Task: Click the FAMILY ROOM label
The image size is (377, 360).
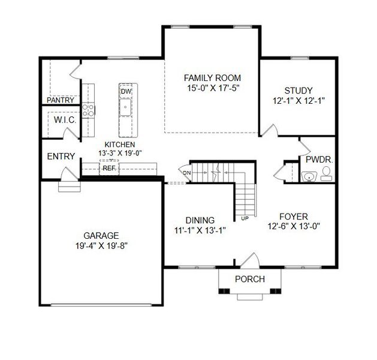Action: point(212,78)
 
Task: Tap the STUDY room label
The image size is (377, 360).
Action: point(298,91)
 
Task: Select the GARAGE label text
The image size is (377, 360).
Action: point(101,235)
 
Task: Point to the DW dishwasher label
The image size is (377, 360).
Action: point(126,91)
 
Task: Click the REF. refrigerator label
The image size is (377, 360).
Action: point(108,169)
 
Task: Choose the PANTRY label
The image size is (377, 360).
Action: point(61,100)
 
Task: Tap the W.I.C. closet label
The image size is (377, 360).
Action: point(64,121)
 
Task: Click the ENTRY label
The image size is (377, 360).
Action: point(61,157)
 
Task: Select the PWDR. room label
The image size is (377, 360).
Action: point(319,160)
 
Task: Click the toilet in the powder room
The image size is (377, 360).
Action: point(327,174)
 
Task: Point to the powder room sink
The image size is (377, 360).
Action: point(309,176)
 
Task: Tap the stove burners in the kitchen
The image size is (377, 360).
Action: point(87,109)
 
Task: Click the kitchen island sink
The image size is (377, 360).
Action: point(126,108)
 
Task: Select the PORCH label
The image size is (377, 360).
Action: point(249,279)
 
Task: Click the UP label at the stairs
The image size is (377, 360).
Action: point(245,218)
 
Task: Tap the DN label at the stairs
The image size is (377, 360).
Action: point(187,173)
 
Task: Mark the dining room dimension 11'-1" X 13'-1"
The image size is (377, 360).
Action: point(200,229)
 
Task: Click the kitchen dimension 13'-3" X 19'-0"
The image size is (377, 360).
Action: point(120,153)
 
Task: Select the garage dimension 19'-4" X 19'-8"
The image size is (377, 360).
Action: point(101,245)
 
